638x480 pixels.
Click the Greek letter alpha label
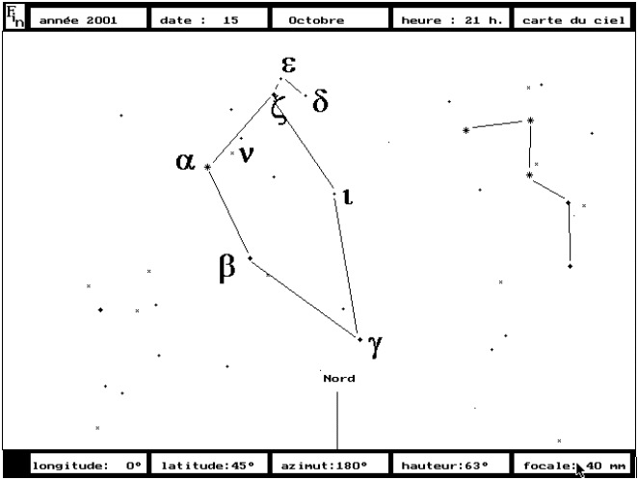185,161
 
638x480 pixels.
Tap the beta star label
227,268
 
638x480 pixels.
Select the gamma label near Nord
376,345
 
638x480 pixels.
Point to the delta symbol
320,101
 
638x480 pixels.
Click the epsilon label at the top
288,65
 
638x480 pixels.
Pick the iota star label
348,197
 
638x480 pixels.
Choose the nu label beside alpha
247,154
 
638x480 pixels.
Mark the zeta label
279,110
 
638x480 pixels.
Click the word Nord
339,379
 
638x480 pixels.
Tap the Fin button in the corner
15,17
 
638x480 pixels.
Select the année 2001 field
89,19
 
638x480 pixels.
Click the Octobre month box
330,19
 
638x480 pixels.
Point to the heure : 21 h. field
451,19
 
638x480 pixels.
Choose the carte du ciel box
572,19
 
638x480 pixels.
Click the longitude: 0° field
89,465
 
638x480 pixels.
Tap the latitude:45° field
209,465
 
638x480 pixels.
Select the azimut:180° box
330,465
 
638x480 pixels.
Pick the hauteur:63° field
451,465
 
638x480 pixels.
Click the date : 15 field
209,19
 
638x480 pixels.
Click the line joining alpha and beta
228,212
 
